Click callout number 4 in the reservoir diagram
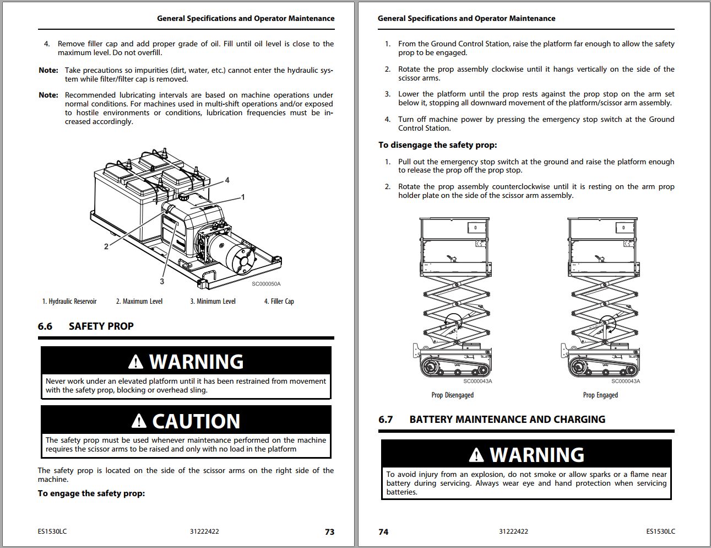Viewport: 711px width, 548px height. pos(227,180)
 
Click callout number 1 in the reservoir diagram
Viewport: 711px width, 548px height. pos(243,197)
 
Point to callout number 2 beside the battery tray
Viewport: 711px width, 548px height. pos(106,246)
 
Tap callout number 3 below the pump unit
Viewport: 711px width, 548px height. pos(162,281)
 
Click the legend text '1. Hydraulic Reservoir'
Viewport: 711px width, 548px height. pos(69,301)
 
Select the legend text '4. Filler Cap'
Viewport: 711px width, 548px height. pos(279,301)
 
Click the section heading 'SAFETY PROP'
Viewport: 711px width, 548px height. pos(101,326)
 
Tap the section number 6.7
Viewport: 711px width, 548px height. pos(386,420)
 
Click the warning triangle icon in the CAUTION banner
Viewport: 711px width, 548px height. pos(139,422)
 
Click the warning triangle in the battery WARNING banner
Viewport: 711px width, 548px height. pos(476,455)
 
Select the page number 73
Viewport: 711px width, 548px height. pos(329,532)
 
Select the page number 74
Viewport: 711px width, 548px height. pos(383,532)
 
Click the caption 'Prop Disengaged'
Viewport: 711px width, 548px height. pos(452,395)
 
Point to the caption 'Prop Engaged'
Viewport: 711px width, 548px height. pos(600,395)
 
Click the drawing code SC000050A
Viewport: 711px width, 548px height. pos(266,284)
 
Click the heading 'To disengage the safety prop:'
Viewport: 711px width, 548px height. pos(437,145)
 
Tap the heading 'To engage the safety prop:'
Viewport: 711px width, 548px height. pos(91,493)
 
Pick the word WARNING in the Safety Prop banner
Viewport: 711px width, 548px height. pos(196,362)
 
